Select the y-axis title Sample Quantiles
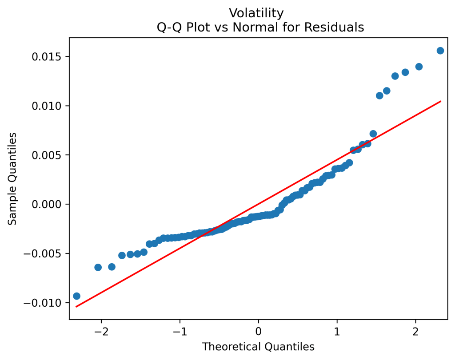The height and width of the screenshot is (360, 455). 13,178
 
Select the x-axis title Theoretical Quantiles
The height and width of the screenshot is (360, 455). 258,347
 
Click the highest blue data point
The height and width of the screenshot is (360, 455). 440,51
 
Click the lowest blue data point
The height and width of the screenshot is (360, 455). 76,296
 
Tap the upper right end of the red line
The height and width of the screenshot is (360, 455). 440,101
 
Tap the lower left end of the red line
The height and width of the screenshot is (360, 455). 76,307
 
